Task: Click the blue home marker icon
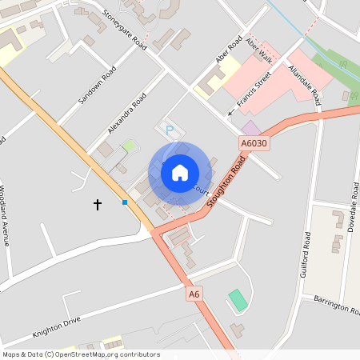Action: point(180,172)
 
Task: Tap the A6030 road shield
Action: point(253,142)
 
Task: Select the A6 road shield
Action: point(194,294)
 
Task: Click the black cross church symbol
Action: point(98,205)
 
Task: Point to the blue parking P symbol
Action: point(168,129)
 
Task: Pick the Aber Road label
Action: point(229,49)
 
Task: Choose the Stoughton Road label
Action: point(226,182)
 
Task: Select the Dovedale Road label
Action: point(354,206)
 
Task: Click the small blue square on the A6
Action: point(125,202)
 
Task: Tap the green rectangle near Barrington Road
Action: point(238,301)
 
